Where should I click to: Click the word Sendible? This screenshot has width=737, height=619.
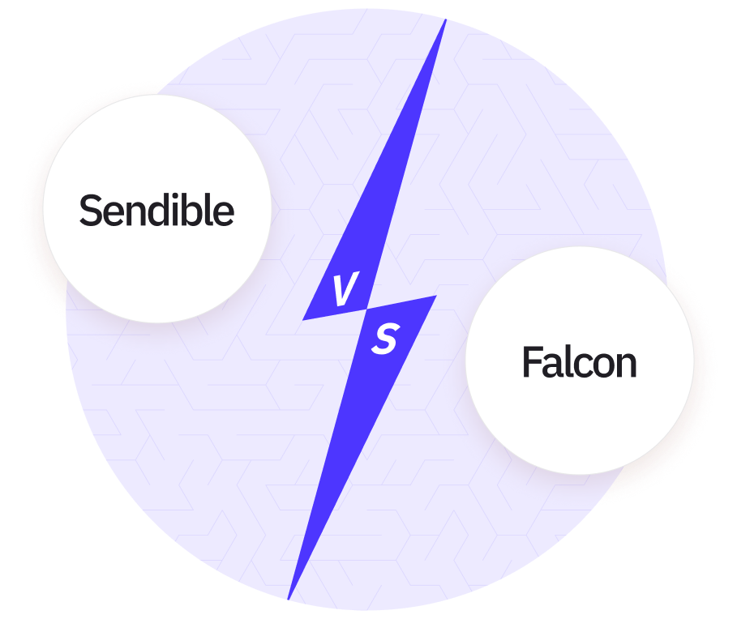coord(156,211)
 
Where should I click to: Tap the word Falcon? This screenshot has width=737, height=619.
coord(579,362)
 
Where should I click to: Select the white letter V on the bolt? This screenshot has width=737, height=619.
coord(345,291)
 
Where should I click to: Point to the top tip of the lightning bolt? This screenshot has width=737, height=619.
coord(445,20)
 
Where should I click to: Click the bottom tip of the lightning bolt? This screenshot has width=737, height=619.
coord(289,599)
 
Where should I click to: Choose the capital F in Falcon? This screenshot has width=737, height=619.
coord(531,362)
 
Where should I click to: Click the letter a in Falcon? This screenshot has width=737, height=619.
coord(554,366)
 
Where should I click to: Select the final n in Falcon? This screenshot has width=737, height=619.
coord(626,366)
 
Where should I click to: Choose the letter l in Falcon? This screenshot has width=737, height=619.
coord(568,361)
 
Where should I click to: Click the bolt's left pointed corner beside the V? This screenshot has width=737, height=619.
coord(304,319)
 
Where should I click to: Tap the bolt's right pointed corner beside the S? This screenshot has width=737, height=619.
coord(435,297)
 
